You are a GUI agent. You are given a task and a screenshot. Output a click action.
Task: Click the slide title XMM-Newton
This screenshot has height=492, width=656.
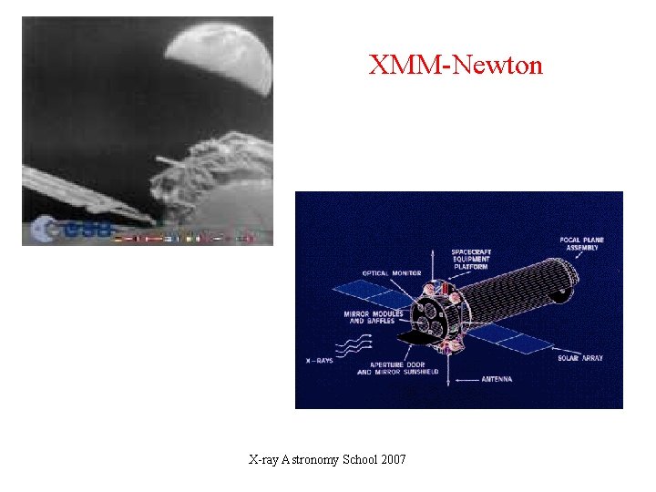tap(456, 66)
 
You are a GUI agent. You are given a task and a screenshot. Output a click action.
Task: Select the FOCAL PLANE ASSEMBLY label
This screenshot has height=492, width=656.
tap(580, 243)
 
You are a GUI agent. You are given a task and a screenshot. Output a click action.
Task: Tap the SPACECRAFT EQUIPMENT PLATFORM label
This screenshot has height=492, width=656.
tap(470, 260)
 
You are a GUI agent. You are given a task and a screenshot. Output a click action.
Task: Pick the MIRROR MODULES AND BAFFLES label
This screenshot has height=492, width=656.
tap(368, 317)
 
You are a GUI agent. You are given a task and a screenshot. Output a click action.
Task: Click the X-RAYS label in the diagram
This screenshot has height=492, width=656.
tap(320, 361)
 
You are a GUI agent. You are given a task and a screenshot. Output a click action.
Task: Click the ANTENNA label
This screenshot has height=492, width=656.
tap(497, 379)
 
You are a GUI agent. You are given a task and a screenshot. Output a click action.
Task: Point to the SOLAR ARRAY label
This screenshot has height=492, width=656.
tap(580, 358)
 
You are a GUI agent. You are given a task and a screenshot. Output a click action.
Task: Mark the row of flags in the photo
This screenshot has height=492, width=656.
tap(182, 238)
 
